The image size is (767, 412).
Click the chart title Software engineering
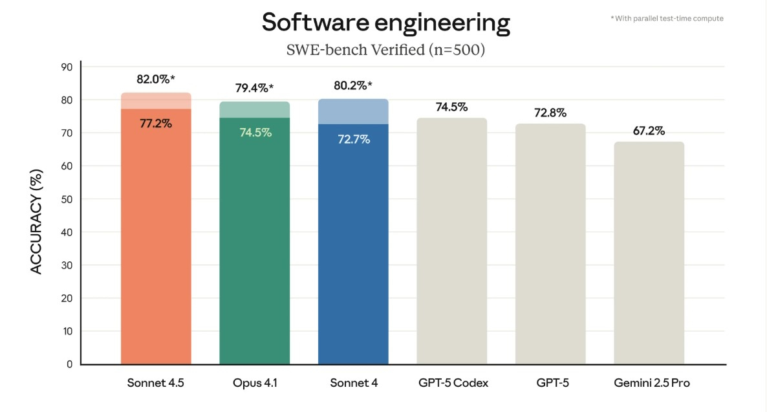click(386, 23)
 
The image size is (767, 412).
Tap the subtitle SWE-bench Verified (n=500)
click(385, 50)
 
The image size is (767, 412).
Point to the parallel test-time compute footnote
click(667, 19)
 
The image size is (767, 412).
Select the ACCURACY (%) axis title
click(36, 221)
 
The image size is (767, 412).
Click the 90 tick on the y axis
click(67, 67)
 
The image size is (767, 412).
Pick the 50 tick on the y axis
click(67, 199)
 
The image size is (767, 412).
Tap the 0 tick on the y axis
click(69, 364)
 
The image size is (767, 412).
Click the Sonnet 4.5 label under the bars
click(156, 383)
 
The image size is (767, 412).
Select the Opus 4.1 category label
click(255, 383)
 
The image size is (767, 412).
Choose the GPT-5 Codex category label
click(453, 383)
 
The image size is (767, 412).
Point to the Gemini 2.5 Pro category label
click(651, 383)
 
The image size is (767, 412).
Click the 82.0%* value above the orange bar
click(156, 80)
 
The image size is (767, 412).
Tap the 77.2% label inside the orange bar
click(156, 124)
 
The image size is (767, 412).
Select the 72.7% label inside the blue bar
click(354, 140)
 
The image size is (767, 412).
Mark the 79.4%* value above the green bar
click(254, 88)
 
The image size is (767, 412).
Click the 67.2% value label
click(649, 131)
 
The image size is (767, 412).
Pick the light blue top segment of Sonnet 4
click(353, 111)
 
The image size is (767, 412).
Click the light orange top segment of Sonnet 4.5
click(156, 101)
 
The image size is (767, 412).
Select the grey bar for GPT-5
click(550, 244)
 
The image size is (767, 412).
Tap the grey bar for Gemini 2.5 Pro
click(649, 253)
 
